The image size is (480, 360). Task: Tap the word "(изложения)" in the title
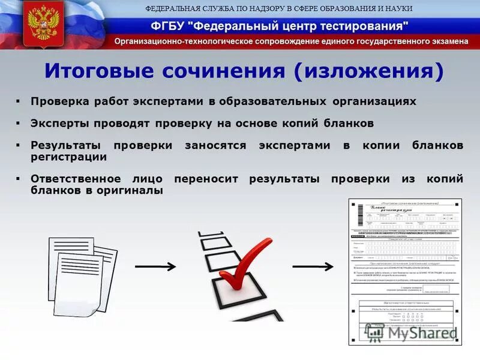coord(368,71)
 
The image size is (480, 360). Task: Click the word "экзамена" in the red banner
coord(447,41)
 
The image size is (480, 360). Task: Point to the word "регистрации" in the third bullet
coord(69,157)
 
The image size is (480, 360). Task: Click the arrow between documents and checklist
coord(155,266)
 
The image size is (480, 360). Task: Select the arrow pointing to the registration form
coord(313,266)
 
